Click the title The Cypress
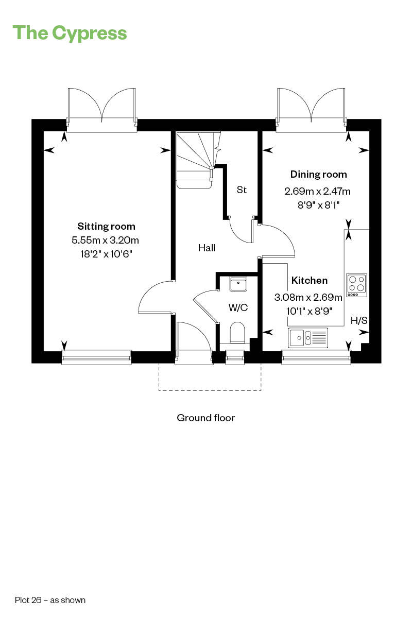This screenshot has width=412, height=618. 70,33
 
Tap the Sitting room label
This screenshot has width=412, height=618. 106,227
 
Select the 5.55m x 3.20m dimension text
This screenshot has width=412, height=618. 105,241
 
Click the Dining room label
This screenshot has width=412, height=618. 318,175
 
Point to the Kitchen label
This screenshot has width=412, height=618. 310,281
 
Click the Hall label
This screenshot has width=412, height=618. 207,248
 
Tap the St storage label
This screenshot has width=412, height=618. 242,190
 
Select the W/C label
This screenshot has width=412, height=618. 238,307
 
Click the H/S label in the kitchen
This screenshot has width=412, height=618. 359,320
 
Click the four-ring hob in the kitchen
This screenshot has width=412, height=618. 357,285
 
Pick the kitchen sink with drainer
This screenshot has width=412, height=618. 308,337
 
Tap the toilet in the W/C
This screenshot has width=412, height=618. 237,333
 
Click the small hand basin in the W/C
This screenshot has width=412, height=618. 238,284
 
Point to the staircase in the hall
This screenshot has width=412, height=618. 197,160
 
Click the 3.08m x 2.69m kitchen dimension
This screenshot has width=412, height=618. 308,298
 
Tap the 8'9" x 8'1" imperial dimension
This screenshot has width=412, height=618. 318,205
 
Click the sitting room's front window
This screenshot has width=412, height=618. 96,357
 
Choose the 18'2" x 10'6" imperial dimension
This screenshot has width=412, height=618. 106,254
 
